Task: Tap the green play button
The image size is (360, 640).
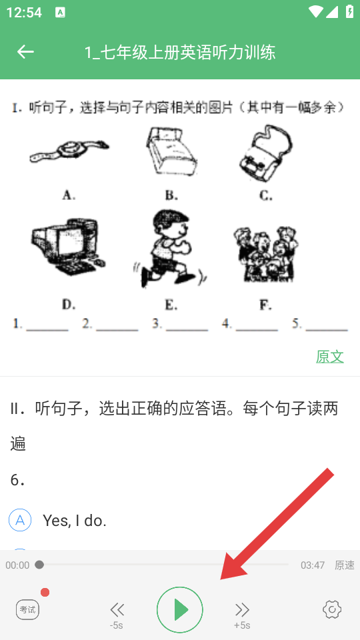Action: [x=179, y=609]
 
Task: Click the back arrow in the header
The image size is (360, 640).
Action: [x=25, y=52]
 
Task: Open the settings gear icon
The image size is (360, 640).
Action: [x=332, y=609]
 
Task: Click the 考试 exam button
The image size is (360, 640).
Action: [x=28, y=610]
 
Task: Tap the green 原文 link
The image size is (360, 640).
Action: [x=330, y=357]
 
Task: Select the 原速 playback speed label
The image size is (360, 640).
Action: [x=345, y=565]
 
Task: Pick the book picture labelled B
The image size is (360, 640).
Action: [x=171, y=151]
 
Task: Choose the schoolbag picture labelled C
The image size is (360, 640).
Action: [x=266, y=153]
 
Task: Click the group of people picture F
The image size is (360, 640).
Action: [x=266, y=253]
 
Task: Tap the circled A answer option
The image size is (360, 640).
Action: [x=20, y=520]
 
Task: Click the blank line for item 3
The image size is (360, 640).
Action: [x=187, y=329]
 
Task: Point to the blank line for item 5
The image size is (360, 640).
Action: [x=327, y=329]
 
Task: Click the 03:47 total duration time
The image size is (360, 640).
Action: [x=313, y=565]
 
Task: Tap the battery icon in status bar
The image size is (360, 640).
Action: [x=350, y=11]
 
